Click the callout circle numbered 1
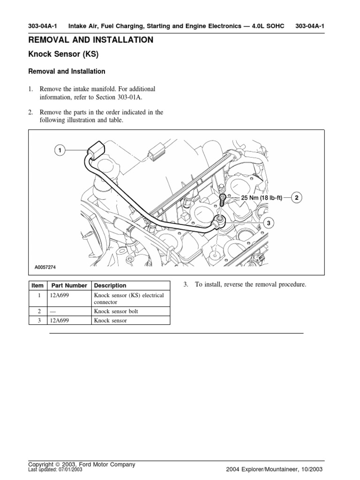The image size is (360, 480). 60,150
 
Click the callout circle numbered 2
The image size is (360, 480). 297,198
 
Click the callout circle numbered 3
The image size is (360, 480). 269,224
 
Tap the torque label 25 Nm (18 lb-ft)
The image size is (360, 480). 262,198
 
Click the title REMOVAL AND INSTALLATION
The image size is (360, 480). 91,40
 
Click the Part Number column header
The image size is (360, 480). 69,285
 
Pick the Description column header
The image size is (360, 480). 110,285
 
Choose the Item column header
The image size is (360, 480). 37,285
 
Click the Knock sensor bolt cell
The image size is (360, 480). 116,311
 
